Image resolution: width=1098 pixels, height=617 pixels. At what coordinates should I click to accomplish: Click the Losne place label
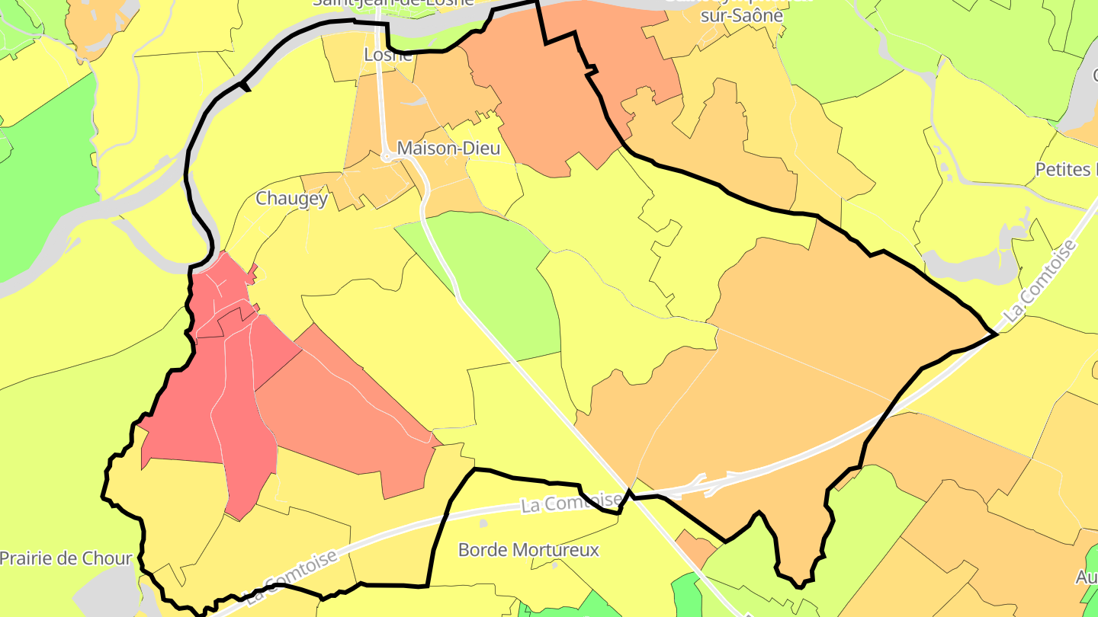pyautogui.click(x=388, y=55)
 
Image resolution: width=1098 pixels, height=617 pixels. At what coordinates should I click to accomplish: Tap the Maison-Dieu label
pyautogui.click(x=449, y=149)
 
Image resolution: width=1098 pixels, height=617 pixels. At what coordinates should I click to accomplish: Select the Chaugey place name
pyautogui.click(x=292, y=199)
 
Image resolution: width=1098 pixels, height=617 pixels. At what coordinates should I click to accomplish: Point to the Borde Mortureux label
pyautogui.click(x=528, y=549)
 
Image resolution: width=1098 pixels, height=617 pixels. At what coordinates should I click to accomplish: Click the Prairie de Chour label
pyautogui.click(x=66, y=558)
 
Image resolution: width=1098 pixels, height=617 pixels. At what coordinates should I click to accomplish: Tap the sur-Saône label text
pyautogui.click(x=742, y=16)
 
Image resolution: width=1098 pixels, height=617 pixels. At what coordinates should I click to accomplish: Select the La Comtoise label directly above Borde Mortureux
pyautogui.click(x=571, y=502)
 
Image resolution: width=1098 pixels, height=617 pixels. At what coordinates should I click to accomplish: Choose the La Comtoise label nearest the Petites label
pyautogui.click(x=1040, y=281)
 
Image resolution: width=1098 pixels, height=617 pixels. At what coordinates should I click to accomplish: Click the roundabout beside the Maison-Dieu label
pyautogui.click(x=387, y=157)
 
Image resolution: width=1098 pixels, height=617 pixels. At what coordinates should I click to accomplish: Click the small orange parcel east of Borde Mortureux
pyautogui.click(x=695, y=547)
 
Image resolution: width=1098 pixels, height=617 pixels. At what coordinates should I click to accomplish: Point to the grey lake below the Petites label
pyautogui.click(x=968, y=263)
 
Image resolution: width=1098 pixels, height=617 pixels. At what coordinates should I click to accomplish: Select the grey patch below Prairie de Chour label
pyautogui.click(x=107, y=590)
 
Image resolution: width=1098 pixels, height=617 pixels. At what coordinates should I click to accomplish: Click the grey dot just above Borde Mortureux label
pyautogui.click(x=483, y=523)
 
